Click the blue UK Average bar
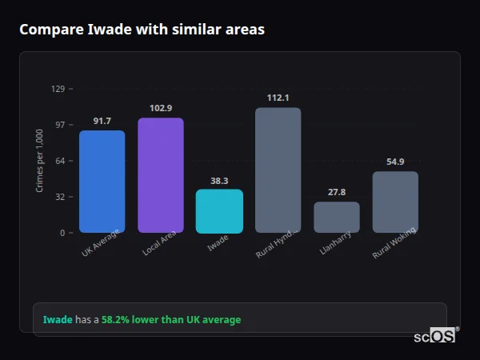pyautogui.click(x=102, y=182)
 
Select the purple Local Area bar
pyautogui.click(x=161, y=175)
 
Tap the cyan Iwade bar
pyautogui.click(x=219, y=211)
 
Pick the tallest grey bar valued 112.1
pyautogui.click(x=278, y=170)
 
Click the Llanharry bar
pyautogui.click(x=337, y=217)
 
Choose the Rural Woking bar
pyautogui.click(x=395, y=202)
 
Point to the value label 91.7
pyautogui.click(x=102, y=121)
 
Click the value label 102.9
pyautogui.click(x=161, y=108)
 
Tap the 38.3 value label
pyautogui.click(x=219, y=181)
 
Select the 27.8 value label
pyautogui.click(x=337, y=192)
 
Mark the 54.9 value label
pyautogui.click(x=395, y=162)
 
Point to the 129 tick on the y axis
pyautogui.click(x=58, y=89)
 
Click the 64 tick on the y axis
pyautogui.click(x=60, y=161)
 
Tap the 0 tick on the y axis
pyautogui.click(x=62, y=233)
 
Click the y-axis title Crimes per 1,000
pyautogui.click(x=40, y=160)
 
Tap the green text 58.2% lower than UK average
pyautogui.click(x=170, y=320)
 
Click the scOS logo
pyautogui.click(x=435, y=336)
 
